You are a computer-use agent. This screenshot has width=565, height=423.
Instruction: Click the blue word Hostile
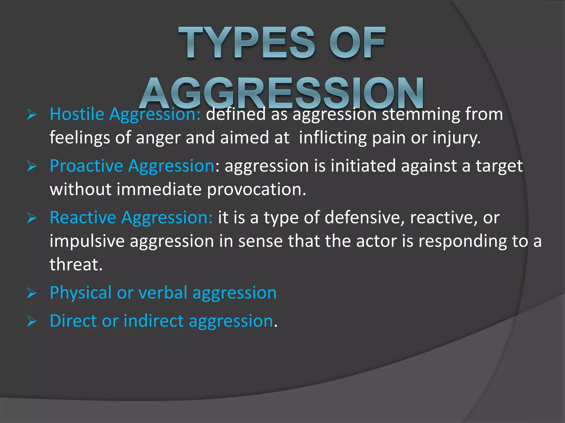[77, 114]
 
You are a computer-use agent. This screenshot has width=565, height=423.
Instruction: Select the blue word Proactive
[86, 166]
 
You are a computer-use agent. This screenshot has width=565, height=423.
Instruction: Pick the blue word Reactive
[83, 218]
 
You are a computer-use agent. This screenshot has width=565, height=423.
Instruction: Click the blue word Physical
[81, 292]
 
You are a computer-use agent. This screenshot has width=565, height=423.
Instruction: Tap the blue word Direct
[73, 321]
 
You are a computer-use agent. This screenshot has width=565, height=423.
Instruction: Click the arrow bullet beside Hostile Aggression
[32, 115]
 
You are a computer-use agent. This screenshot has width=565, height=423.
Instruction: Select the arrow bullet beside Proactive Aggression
[32, 166]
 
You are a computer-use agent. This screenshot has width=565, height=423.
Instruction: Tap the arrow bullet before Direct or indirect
[32, 321]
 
